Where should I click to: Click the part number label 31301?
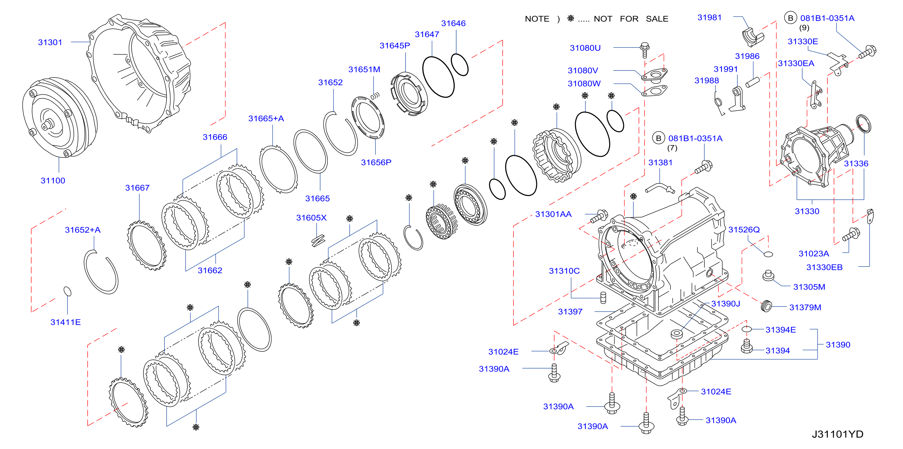click(x=50, y=42)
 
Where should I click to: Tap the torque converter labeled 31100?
click(x=60, y=117)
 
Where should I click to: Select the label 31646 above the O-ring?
click(x=453, y=24)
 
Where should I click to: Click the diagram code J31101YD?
click(x=837, y=434)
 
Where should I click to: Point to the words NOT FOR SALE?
click(x=631, y=19)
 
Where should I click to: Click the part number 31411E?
click(x=66, y=322)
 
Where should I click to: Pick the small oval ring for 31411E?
click(x=67, y=291)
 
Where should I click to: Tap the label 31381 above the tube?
click(x=661, y=162)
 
